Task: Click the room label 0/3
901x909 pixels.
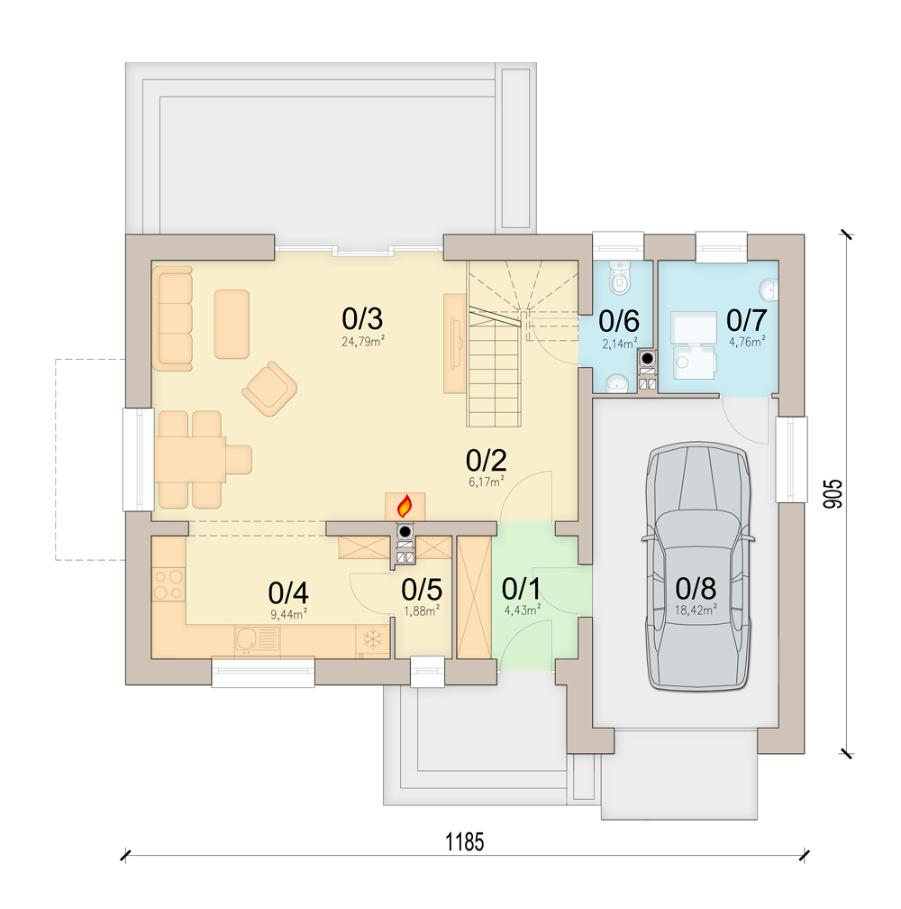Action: [363, 318]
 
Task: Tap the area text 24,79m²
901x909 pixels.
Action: [363, 342]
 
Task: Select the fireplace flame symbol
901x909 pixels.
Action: [405, 505]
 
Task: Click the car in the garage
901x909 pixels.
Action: [697, 568]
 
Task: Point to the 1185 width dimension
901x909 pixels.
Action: [465, 842]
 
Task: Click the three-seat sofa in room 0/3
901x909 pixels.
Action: [172, 317]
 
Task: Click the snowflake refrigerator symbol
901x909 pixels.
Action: [371, 640]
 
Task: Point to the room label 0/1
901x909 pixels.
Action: [521, 589]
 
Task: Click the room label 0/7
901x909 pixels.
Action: [746, 318]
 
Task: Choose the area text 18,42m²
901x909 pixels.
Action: [696, 610]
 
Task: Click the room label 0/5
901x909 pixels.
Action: [421, 589]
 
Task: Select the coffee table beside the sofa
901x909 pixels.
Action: [232, 323]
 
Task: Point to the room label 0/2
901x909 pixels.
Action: [487, 460]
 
